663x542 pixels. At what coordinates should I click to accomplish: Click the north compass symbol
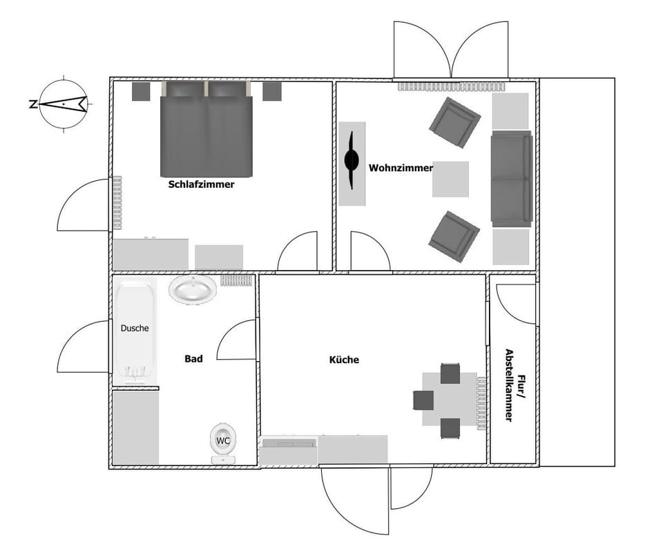click(x=63, y=104)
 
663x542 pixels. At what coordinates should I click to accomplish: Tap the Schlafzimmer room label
click(x=201, y=184)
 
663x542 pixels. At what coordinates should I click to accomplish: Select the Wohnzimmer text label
click(x=401, y=168)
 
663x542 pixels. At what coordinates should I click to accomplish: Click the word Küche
click(x=344, y=360)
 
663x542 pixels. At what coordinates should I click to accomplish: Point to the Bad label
click(x=193, y=358)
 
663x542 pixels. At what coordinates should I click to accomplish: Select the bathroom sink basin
click(x=193, y=288)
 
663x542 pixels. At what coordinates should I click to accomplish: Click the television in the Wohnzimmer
click(x=352, y=161)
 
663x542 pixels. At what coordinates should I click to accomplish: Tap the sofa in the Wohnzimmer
click(x=511, y=179)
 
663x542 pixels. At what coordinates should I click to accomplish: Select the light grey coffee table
click(x=450, y=179)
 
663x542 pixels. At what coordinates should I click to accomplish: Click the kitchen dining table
click(x=450, y=400)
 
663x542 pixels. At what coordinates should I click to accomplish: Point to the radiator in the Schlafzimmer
click(x=117, y=202)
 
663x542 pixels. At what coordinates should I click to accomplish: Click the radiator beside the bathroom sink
click(x=236, y=280)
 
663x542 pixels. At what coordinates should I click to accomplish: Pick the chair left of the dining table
click(x=423, y=400)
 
